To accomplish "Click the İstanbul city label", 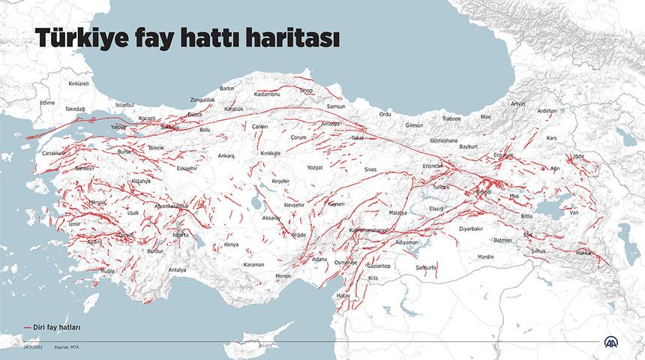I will [x=124, y=105].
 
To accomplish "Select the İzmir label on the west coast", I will [x=73, y=223].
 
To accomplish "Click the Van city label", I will [x=575, y=212].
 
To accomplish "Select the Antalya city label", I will [x=177, y=269].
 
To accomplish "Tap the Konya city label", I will [x=231, y=244].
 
